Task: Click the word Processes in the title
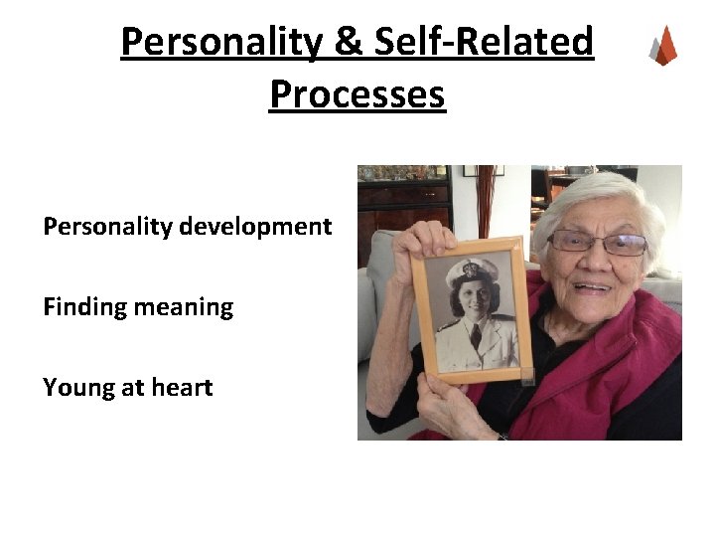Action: (357, 94)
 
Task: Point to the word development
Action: (255, 227)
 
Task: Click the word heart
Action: (181, 388)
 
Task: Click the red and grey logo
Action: (662, 46)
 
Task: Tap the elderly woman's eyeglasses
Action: (598, 242)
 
